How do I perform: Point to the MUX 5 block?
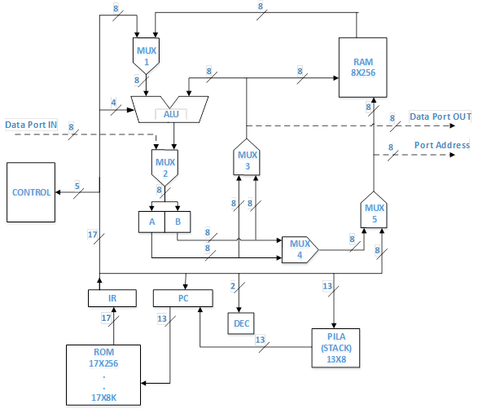pyautogui.click(x=373, y=212)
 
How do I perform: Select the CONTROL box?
pyautogui.click(x=31, y=193)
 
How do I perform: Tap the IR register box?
pyautogui.click(x=112, y=299)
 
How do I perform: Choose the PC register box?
pyautogui.click(x=182, y=299)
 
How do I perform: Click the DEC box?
pyautogui.click(x=241, y=324)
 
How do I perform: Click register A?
pyautogui.click(x=151, y=222)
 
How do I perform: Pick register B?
pyautogui.click(x=178, y=222)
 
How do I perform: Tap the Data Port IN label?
pyautogui.click(x=32, y=125)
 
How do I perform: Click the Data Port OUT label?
pyautogui.click(x=441, y=116)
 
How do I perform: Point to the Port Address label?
pyautogui.click(x=442, y=145)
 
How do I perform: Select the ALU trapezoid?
pyautogui.click(x=171, y=108)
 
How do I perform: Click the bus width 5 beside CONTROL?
pyautogui.click(x=77, y=187)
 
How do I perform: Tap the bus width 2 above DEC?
pyautogui.click(x=233, y=286)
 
